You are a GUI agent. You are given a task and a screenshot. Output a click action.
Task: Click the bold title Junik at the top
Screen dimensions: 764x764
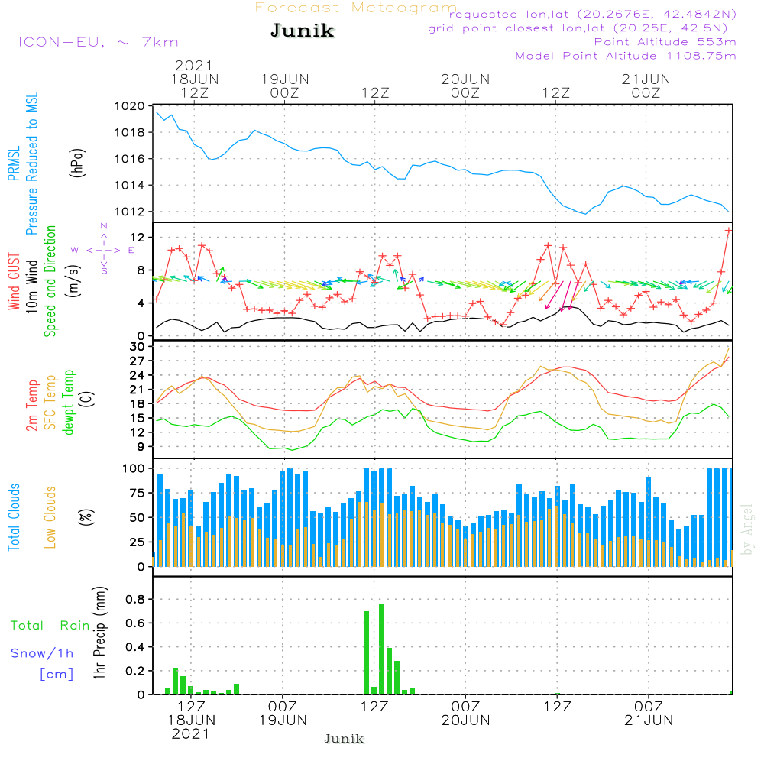pyautogui.click(x=302, y=31)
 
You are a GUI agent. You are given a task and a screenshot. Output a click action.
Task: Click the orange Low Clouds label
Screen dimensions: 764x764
pyautogui.click(x=50, y=516)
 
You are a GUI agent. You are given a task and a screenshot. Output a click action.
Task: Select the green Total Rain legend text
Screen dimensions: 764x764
pyautogui.click(x=50, y=626)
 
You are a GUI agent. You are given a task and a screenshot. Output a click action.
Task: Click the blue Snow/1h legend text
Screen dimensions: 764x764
pyautogui.click(x=42, y=653)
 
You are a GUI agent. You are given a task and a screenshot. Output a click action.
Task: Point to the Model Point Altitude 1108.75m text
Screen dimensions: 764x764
pyautogui.click(x=626, y=56)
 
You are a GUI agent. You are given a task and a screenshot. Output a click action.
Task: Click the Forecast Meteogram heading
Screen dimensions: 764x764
pyautogui.click(x=356, y=8)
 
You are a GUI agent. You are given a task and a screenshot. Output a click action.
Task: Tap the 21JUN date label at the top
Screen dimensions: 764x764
pyautogui.click(x=646, y=79)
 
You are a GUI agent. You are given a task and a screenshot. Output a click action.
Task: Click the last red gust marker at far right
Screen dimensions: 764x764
pyautogui.click(x=729, y=229)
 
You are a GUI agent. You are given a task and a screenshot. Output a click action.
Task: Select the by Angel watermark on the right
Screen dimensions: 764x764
pyautogui.click(x=748, y=529)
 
